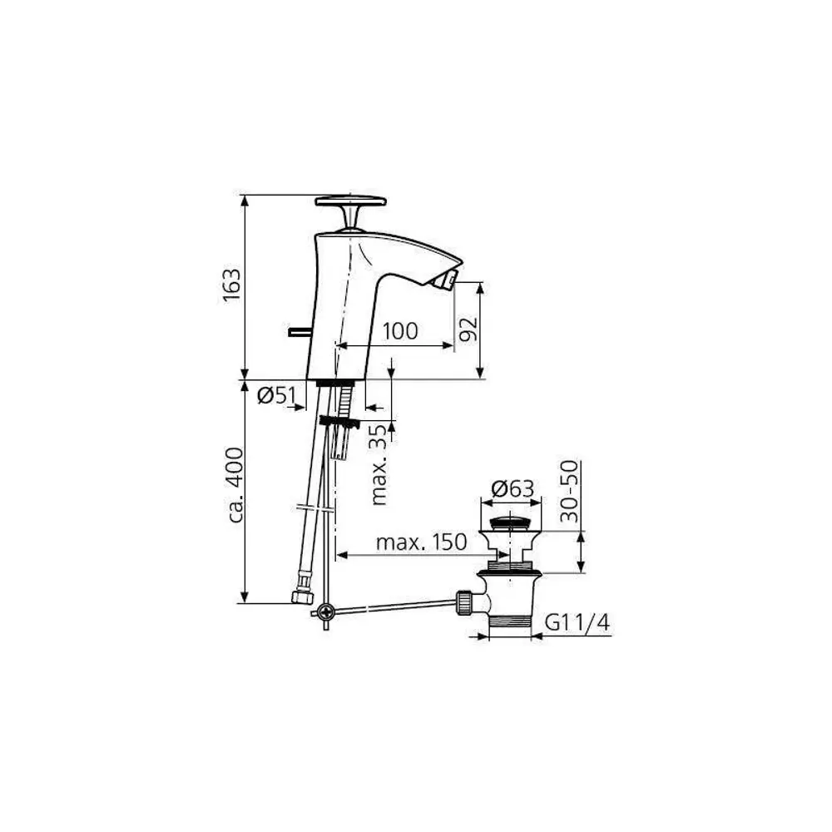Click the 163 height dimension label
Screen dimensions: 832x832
(231, 285)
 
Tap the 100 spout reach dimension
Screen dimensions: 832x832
(400, 331)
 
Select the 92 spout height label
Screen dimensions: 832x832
(468, 329)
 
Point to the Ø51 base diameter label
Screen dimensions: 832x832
(276, 394)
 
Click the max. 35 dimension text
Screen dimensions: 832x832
(380, 463)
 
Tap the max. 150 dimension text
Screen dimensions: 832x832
(421, 542)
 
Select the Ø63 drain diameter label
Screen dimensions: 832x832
(512, 488)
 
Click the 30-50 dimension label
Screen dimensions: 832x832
(569, 492)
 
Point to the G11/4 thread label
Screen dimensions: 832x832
(577, 622)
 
